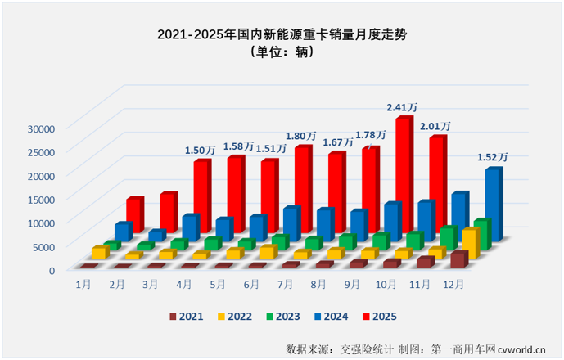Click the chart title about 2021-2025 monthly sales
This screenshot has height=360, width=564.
(x=282, y=34)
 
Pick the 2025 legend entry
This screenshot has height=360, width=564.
(x=381, y=315)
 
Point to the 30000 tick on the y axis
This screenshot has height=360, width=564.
(x=39, y=128)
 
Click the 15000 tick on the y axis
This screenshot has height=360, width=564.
(x=39, y=199)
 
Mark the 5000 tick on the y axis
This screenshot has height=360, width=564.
(x=43, y=245)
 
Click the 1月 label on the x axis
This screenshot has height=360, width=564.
(x=83, y=283)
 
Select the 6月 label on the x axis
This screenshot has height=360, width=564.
(x=251, y=283)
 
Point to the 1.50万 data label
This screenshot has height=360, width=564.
(x=200, y=150)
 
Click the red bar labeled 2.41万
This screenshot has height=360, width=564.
(x=404, y=176)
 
